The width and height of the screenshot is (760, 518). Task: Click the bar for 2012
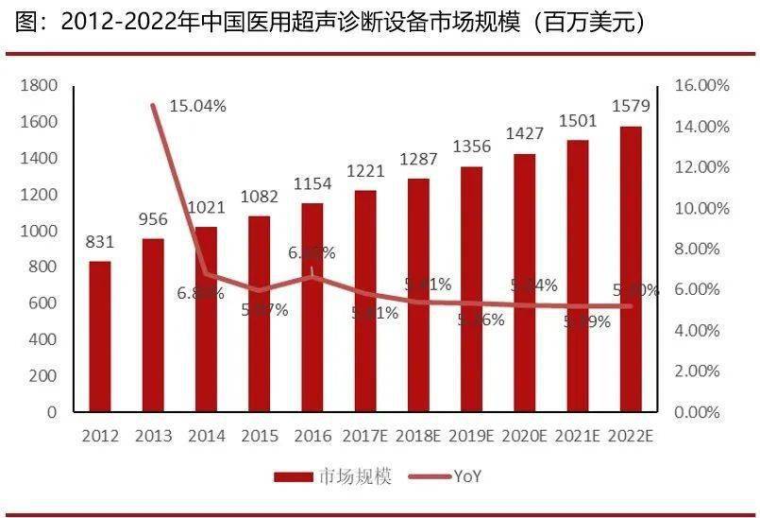click(100, 336)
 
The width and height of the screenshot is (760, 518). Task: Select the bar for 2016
click(312, 307)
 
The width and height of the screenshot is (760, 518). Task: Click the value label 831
click(100, 242)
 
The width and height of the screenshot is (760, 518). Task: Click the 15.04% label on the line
click(197, 106)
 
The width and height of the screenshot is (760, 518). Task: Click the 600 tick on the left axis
click(43, 303)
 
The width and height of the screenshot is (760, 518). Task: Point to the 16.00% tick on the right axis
click(702, 86)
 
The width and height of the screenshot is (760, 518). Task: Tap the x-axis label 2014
click(206, 436)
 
